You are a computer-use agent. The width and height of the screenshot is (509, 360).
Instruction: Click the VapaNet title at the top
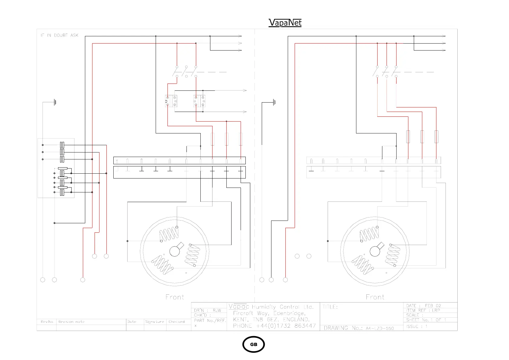coord(285,23)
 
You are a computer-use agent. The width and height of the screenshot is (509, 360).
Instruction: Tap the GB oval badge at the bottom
coord(254,344)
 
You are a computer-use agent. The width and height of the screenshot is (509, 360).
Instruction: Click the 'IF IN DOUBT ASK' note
coord(60,35)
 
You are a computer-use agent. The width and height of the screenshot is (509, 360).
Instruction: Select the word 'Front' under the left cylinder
coord(175,297)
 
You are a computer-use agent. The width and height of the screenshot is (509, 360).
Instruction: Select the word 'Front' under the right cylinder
coord(375,297)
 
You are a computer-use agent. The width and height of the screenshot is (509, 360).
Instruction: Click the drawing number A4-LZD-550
coord(380,328)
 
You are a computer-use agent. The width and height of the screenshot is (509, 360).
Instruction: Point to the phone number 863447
coord(303,326)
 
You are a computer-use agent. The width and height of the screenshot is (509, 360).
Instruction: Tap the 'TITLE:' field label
coord(330,307)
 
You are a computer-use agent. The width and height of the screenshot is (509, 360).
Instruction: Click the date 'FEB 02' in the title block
coord(433,306)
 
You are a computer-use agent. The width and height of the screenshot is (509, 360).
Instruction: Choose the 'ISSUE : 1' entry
coord(417,326)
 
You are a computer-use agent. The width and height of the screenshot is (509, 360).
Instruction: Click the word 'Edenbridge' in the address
coord(289,313)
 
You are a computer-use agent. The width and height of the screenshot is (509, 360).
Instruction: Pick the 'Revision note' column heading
coord(71,322)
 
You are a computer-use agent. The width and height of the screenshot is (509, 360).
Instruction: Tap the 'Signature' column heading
coord(154,322)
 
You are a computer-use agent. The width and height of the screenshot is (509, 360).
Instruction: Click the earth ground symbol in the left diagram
coord(55,102)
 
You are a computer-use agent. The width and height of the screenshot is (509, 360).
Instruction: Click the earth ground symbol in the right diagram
coord(274,102)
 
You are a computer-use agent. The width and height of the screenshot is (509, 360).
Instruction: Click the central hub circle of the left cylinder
coord(174,251)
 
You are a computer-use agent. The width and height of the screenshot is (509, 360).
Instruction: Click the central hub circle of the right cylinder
coord(375,251)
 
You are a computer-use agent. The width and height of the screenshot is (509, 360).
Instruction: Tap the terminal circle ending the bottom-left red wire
coord(83,280)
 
